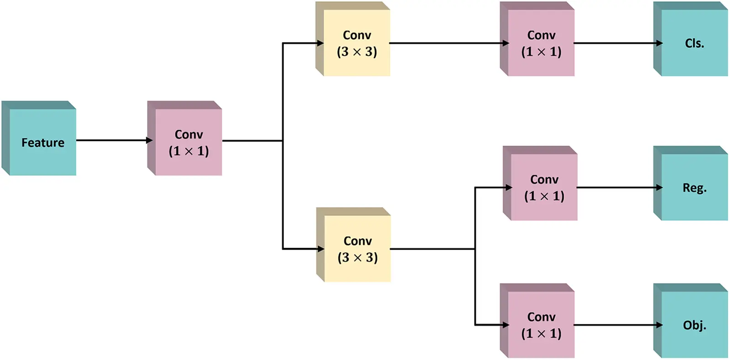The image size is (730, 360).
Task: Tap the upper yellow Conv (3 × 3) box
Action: [356, 43]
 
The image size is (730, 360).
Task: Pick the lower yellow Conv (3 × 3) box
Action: [357, 249]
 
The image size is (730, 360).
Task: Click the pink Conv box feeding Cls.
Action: [541, 43]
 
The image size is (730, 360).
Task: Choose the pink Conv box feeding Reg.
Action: [544, 187]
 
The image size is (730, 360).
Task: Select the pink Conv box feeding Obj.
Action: [541, 324]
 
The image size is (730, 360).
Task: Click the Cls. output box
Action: [694, 43]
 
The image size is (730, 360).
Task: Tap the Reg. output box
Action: [694, 187]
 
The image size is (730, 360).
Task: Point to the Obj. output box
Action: [694, 324]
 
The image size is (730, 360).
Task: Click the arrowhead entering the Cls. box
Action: [659, 43]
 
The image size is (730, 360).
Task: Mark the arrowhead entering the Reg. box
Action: [659, 187]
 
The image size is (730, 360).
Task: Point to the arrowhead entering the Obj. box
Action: [659, 325]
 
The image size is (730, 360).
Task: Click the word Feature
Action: [43, 143]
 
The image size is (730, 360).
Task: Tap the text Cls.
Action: [694, 43]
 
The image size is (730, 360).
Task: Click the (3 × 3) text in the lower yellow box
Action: [358, 258]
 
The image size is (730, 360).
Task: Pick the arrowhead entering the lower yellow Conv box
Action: [320, 249]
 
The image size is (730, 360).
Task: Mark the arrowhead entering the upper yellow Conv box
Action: [320, 43]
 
